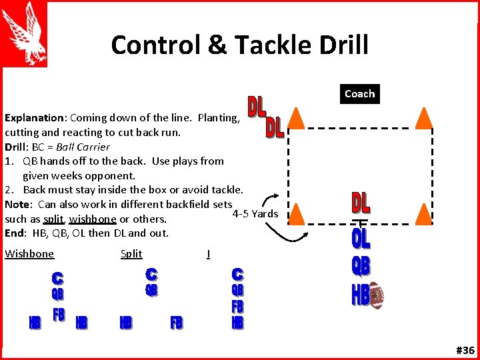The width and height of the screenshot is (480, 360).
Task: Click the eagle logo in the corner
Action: click(x=25, y=34)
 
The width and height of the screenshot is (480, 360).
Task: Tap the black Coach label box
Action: click(x=359, y=94)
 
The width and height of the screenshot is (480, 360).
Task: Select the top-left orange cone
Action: click(x=296, y=117)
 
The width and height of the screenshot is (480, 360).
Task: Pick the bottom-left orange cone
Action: click(x=296, y=213)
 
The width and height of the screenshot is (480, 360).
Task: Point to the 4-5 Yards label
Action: click(x=255, y=214)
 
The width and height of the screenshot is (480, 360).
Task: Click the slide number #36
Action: click(x=465, y=350)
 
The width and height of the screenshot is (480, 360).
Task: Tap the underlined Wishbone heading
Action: click(x=29, y=253)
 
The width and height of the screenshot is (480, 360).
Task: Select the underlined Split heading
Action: click(x=131, y=253)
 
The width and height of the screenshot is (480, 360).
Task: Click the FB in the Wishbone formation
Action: click(x=59, y=314)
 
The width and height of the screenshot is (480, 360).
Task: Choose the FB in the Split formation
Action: click(x=176, y=323)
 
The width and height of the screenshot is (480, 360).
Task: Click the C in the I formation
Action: click(x=237, y=274)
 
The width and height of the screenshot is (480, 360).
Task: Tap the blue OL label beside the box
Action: click(x=361, y=238)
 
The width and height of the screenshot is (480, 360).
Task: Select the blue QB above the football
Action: click(x=361, y=266)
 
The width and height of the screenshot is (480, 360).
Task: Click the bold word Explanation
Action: click(x=35, y=117)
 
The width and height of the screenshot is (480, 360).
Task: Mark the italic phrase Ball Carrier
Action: click(x=83, y=147)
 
